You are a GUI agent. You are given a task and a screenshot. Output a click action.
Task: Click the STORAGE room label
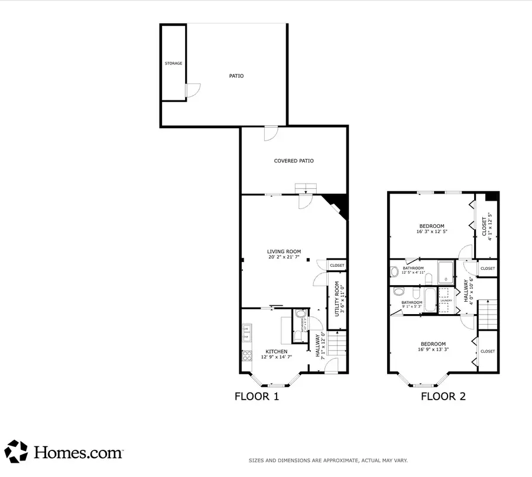(x=173, y=63)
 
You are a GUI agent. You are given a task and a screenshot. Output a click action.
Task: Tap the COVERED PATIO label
(x=293, y=161)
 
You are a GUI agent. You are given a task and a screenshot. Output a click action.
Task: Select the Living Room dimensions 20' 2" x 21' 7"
(x=284, y=257)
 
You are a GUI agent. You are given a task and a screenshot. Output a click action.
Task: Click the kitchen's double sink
(x=246, y=334)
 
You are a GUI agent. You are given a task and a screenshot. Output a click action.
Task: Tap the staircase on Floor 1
(x=335, y=344)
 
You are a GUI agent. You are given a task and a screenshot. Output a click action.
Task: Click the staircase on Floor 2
(x=487, y=314)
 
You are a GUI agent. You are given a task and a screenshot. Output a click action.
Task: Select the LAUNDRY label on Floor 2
(x=446, y=300)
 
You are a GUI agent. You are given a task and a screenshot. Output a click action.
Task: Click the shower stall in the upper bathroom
(x=446, y=272)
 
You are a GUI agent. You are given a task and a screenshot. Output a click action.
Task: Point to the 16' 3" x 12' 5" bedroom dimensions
(x=432, y=232)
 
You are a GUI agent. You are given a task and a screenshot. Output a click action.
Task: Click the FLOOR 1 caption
(x=257, y=396)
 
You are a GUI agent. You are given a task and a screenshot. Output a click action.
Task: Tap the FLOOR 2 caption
(x=443, y=396)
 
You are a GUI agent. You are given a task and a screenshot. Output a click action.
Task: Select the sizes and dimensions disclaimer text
(x=327, y=460)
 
